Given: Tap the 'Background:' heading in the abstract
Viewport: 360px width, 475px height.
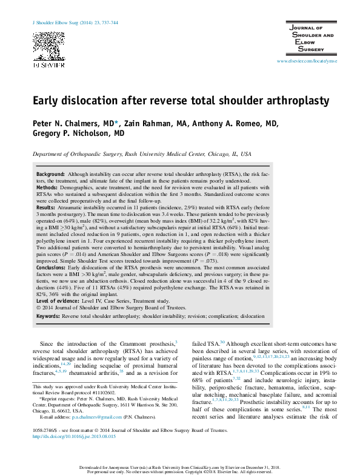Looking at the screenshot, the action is pyautogui.click(x=51, y=174).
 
